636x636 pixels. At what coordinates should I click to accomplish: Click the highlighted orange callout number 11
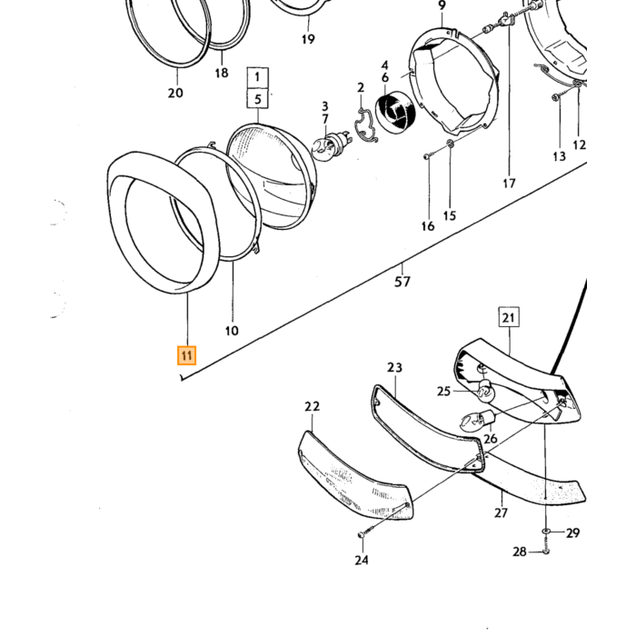pos(186,355)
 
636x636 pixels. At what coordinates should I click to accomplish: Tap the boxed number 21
pos(509,317)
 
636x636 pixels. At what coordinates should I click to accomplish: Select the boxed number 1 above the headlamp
pos(257,77)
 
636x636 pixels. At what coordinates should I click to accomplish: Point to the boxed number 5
pos(257,98)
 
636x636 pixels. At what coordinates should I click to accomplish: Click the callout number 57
pos(402,281)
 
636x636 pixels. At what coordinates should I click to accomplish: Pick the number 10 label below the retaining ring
pos(232,331)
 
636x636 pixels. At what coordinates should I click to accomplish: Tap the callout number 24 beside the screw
pos(362,560)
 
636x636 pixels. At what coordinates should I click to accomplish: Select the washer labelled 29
pos(545,532)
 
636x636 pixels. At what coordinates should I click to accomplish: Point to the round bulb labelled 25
pos(484,391)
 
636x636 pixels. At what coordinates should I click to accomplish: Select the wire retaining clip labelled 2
pos(366,126)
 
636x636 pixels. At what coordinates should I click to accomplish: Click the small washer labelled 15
pos(450,143)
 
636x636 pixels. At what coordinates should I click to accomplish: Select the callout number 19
pos(308,39)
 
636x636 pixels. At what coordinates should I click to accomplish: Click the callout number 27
pos(501,512)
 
